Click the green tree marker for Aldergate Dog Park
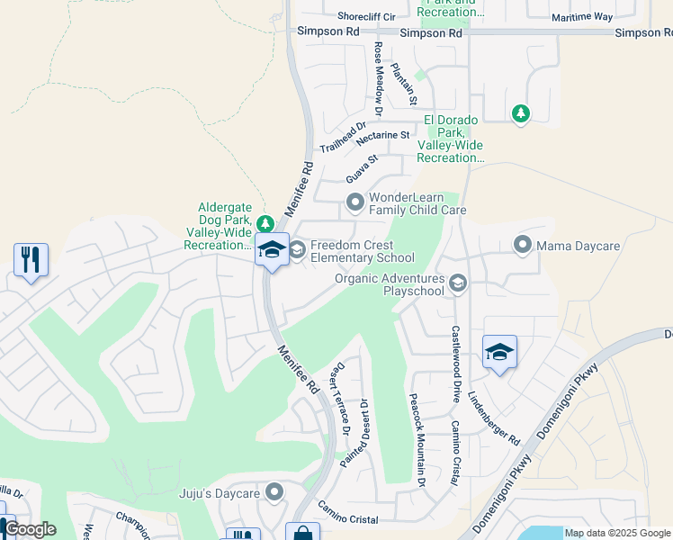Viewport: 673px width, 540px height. (264, 223)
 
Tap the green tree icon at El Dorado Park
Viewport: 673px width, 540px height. (520, 113)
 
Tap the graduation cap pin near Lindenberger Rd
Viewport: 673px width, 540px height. (499, 352)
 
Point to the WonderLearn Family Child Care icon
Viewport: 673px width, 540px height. (354, 202)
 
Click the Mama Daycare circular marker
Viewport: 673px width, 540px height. (522, 245)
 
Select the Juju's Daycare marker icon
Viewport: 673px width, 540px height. (274, 492)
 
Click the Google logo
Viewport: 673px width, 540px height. (29, 529)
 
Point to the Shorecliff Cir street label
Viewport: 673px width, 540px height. (366, 16)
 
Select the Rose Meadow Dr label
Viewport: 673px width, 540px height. (379, 79)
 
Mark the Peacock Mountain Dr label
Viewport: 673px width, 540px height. (416, 441)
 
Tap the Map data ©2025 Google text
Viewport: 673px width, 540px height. (617, 533)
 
